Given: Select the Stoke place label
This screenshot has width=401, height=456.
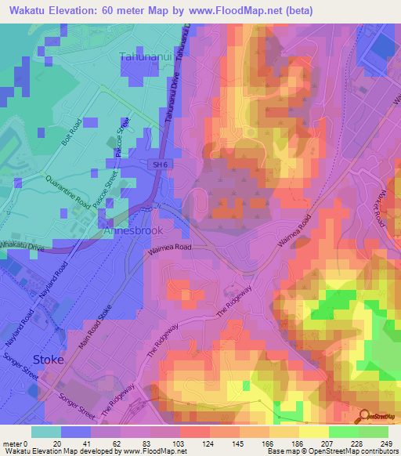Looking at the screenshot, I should coord(49,359).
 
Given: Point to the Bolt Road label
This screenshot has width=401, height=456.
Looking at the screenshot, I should coord(71,135).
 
